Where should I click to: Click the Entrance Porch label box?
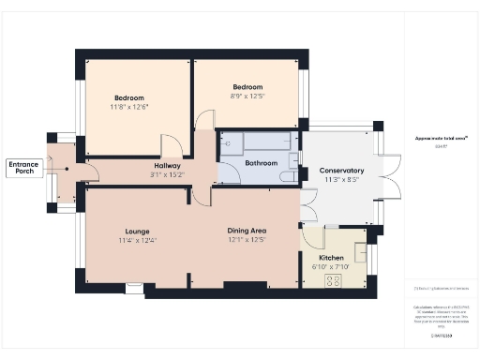(x=23, y=168)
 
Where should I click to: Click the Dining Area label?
(x=247, y=231)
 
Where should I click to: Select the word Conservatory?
(x=341, y=171)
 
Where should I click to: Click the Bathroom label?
(x=262, y=163)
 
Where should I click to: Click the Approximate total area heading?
(x=441, y=139)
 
